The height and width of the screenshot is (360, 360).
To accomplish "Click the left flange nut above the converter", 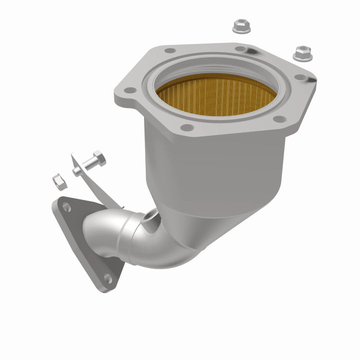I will coord(241,26).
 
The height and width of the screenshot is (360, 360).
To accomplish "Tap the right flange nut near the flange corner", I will coord(302,52).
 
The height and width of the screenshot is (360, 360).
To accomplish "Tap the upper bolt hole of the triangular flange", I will coord(66,207).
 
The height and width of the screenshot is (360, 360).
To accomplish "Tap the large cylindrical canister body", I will coord(215,170).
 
